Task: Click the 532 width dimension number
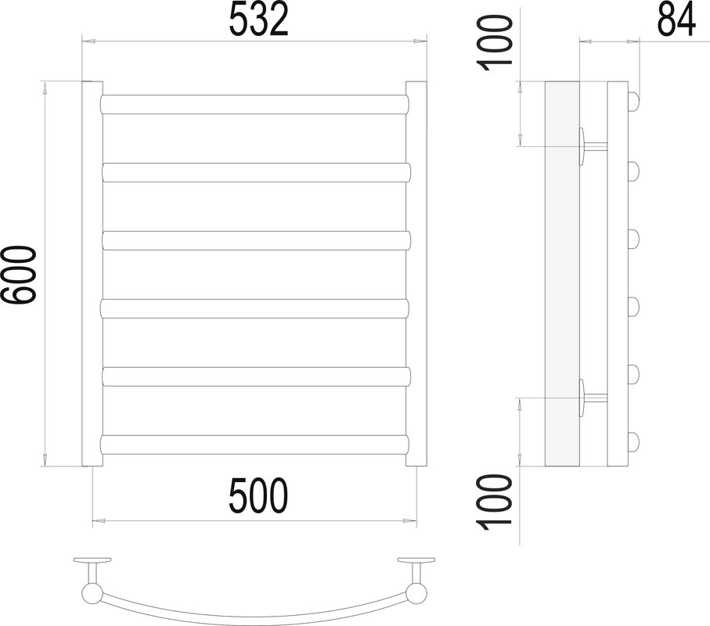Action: pos(258,20)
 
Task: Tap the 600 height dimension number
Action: pos(18,275)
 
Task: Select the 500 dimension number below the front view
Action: pos(258,495)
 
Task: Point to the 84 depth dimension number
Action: pos(676,20)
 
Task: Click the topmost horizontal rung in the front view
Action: pos(255,104)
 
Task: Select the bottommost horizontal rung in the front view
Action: pos(255,444)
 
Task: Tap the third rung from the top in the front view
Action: pos(256,240)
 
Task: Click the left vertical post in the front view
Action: pos(92,274)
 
